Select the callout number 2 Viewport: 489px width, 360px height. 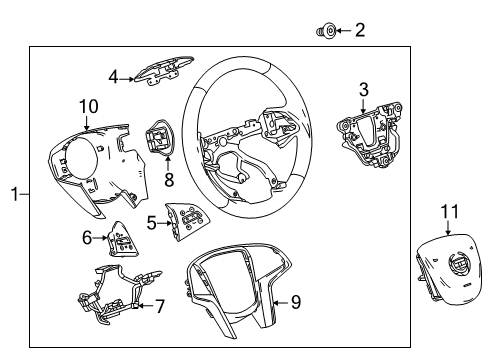(360, 31)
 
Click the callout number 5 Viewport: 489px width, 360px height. (149, 222)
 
